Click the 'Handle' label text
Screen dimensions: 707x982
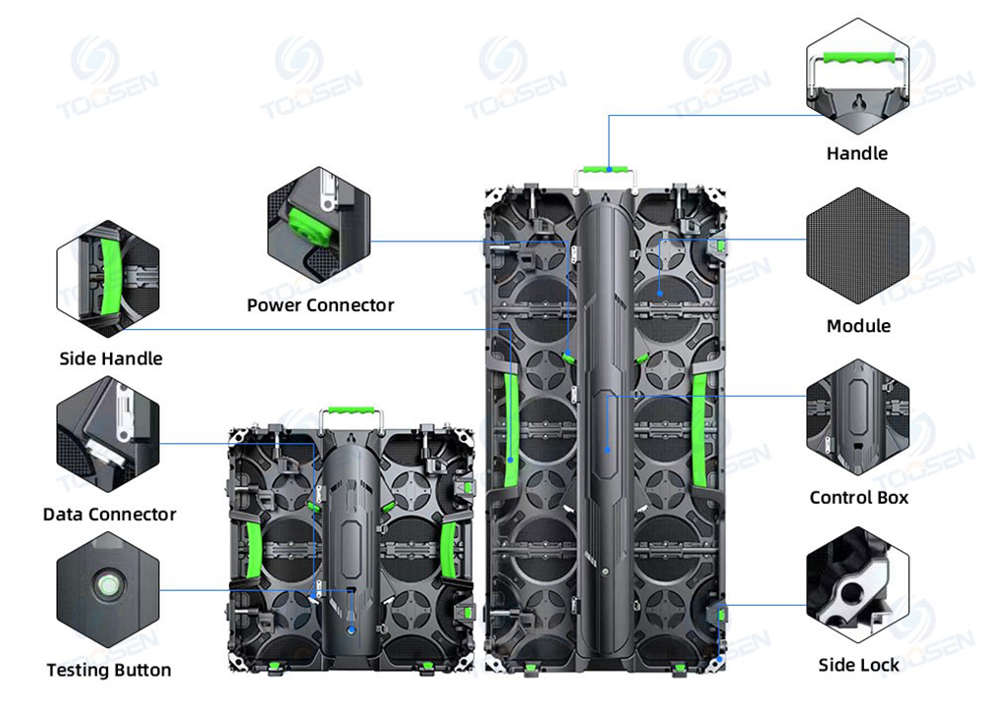856,153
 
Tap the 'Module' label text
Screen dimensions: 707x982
858,326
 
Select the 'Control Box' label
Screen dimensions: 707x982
858,498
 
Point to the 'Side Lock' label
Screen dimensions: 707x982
858,666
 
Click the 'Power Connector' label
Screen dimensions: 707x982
320,305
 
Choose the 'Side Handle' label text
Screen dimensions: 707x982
111,358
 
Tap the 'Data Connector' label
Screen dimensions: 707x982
109,515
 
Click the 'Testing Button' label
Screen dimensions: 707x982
109,671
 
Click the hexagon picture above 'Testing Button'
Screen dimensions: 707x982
107,590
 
